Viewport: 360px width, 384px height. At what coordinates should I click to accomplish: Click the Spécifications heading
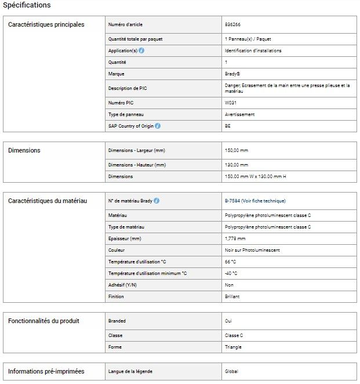click(27, 5)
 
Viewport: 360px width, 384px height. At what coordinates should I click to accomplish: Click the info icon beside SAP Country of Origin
click(158, 126)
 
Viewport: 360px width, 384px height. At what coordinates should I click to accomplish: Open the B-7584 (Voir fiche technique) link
click(255, 201)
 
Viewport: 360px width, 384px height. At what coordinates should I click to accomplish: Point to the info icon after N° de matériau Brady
click(157, 201)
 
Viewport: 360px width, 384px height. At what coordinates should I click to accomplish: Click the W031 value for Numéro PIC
click(231, 103)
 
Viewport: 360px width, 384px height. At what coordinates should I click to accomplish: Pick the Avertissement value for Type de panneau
click(239, 114)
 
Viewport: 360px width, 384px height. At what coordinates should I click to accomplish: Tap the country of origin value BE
click(228, 126)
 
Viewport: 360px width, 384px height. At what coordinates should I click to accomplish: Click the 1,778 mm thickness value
click(235, 238)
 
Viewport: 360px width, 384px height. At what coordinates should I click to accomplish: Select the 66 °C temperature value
click(230, 262)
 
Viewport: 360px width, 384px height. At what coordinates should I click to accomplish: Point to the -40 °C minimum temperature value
click(231, 273)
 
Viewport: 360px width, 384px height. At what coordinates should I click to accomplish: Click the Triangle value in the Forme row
click(233, 347)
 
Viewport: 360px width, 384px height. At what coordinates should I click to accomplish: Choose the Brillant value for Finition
click(232, 296)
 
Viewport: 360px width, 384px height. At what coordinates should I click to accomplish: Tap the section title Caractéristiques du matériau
click(48, 201)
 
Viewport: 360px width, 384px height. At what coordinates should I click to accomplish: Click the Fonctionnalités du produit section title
click(43, 321)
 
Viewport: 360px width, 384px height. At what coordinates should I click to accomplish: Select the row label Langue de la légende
click(130, 371)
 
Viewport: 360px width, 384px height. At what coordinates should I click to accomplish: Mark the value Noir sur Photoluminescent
click(252, 250)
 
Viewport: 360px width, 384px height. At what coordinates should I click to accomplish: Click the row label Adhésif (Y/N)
click(122, 285)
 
